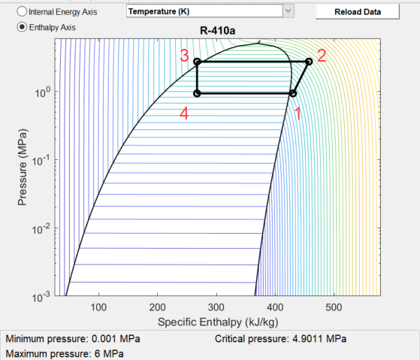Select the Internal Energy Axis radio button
click(22, 11)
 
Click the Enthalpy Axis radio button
click(22, 27)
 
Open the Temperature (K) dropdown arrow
click(289, 11)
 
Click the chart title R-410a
click(217, 31)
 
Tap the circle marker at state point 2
click(309, 62)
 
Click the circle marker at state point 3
click(197, 62)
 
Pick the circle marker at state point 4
click(197, 93)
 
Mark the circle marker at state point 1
click(293, 93)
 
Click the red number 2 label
click(322, 56)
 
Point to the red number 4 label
click(184, 113)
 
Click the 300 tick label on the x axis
click(216, 307)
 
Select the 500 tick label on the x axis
click(334, 307)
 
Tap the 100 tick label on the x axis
click(98, 307)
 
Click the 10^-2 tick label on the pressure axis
click(41, 229)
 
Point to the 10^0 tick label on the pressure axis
click(43, 92)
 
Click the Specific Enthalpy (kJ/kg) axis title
click(218, 322)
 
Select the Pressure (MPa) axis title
click(23, 167)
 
